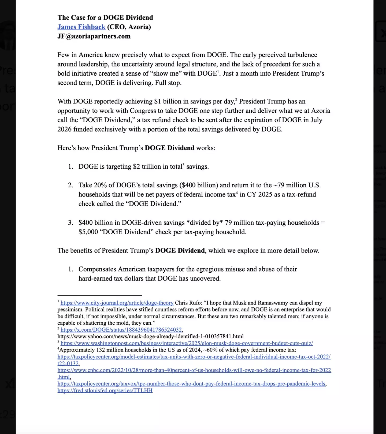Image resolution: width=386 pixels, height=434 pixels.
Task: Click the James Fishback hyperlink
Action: coord(81,27)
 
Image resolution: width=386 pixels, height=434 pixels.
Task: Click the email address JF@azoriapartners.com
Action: coord(94,36)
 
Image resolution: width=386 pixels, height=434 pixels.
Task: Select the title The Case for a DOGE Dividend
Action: coord(105,18)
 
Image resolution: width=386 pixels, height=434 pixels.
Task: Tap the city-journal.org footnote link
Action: coord(117,303)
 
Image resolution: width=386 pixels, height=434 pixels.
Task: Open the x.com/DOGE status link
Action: coord(121,330)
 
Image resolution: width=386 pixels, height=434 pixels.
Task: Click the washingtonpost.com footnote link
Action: coord(187,343)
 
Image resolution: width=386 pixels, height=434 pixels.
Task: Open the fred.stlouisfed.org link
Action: coord(105,390)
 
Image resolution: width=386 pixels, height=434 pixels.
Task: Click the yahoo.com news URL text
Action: coord(150,336)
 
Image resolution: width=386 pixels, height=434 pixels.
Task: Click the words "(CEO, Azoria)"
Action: coord(129,27)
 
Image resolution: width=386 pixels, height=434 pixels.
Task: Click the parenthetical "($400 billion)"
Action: coord(199,185)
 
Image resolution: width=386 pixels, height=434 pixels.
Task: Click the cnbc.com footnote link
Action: coord(194,370)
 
